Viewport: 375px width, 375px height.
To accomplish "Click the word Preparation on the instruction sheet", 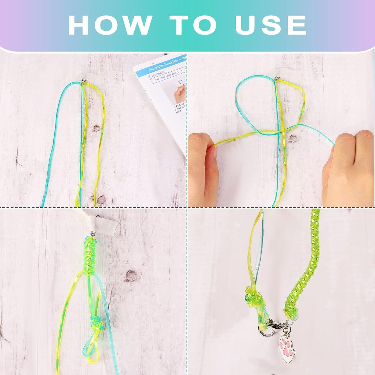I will (157, 73).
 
